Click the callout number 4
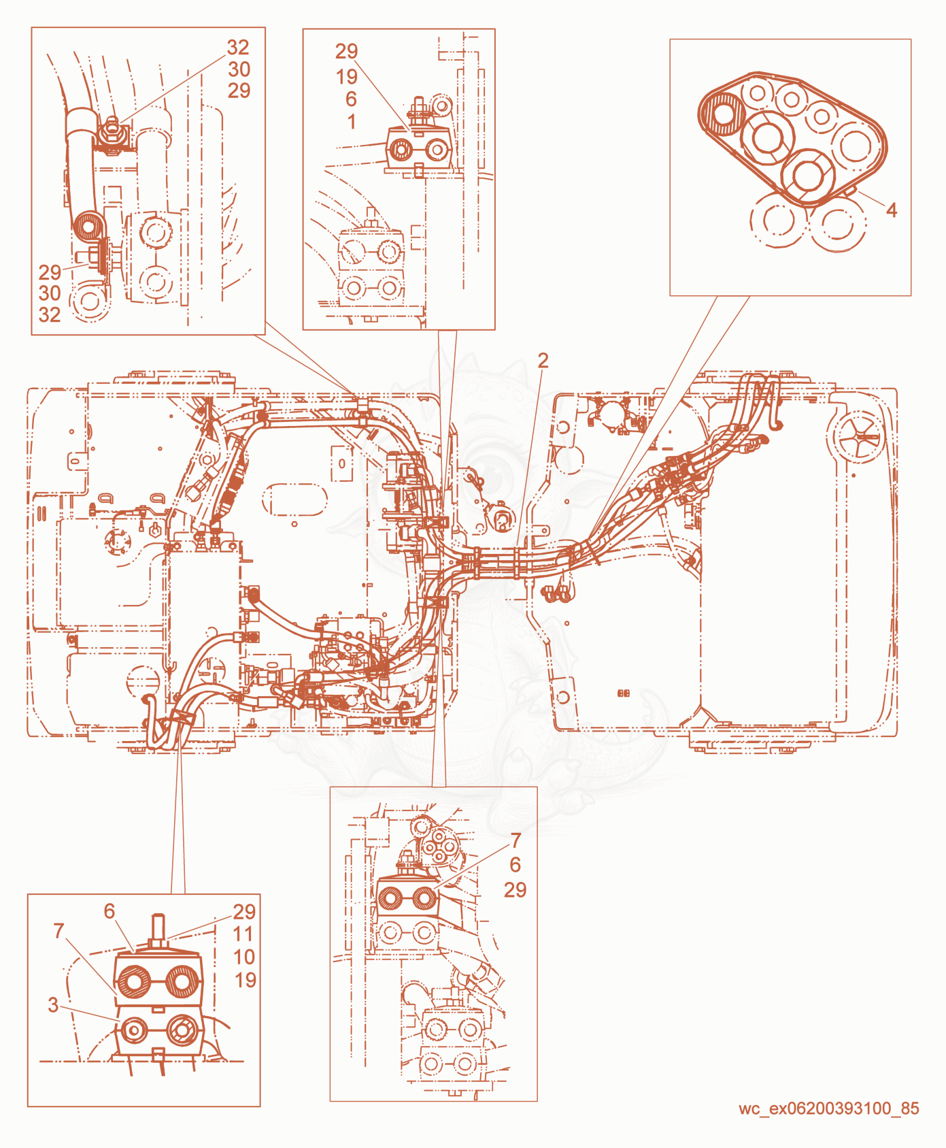tap(892, 210)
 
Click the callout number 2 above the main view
tap(543, 361)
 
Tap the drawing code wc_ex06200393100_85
tap(829, 1109)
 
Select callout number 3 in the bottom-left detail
tap(53, 1004)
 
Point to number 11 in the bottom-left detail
tap(243, 934)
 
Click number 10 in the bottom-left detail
tap(244, 957)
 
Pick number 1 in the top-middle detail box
tap(352, 122)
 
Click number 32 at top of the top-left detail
tap(238, 47)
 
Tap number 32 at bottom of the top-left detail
tap(50, 314)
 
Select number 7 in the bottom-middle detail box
tap(516, 840)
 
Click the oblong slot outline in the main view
tap(294, 499)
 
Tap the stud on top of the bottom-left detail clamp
tap(158, 928)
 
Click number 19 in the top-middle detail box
tap(347, 77)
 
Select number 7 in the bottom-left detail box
tap(59, 930)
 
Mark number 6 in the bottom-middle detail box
tap(515, 865)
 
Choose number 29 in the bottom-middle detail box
tap(515, 889)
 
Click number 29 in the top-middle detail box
tap(346, 51)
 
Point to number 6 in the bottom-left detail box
tap(109, 911)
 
